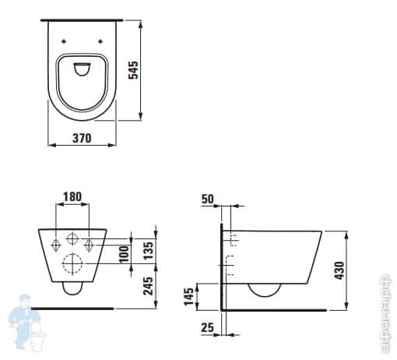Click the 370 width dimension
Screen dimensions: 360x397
81,138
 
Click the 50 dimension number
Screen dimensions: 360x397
206,199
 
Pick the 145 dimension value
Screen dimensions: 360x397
189,296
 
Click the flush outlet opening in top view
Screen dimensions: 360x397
83,72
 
